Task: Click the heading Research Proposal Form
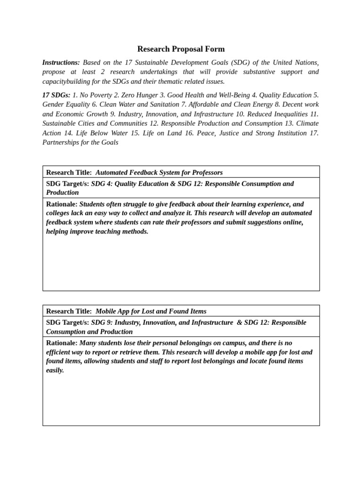click(181, 49)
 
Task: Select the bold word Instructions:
click(61, 63)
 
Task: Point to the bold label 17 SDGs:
click(56, 95)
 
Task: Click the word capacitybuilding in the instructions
click(65, 81)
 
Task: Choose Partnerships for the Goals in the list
click(80, 143)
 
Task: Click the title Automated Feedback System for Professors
click(159, 172)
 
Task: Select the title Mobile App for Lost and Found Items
click(151, 311)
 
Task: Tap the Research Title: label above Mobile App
click(69, 311)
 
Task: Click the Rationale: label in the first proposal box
click(62, 204)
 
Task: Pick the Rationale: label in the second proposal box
click(62, 343)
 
